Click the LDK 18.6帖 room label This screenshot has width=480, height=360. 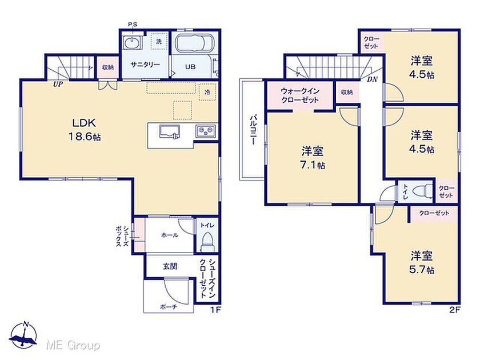(85, 130)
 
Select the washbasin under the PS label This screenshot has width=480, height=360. (132, 42)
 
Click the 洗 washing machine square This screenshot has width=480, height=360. (159, 41)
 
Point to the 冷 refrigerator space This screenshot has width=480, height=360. (207, 91)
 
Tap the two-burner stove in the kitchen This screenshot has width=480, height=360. (206, 131)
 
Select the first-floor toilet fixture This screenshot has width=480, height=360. (207, 241)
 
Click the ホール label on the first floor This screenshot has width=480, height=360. (169, 235)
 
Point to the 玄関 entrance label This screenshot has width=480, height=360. (170, 266)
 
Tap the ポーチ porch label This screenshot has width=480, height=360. (169, 307)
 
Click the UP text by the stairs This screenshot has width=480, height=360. (58, 84)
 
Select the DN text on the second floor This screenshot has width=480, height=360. (372, 79)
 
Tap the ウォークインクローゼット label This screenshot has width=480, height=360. (300, 95)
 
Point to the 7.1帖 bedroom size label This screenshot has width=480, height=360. (312, 165)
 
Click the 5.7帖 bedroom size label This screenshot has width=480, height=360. (422, 270)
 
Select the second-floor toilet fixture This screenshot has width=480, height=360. (422, 191)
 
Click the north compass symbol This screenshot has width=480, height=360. (23, 335)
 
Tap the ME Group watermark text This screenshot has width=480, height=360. (73, 346)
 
